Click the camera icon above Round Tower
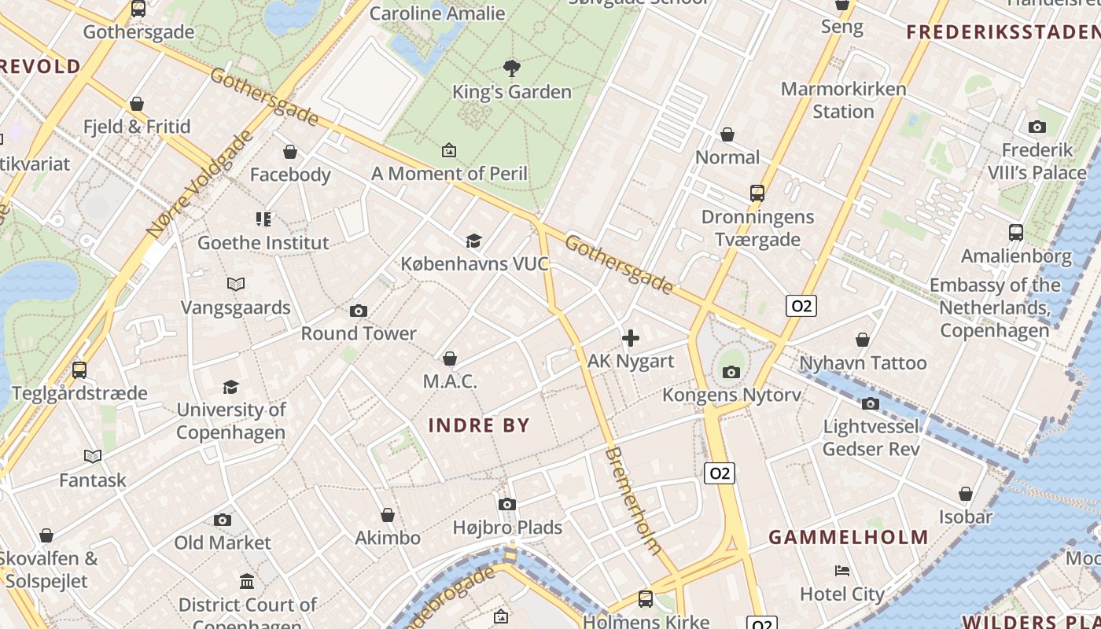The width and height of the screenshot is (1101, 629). tap(359, 311)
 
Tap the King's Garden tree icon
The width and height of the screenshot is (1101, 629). tap(512, 68)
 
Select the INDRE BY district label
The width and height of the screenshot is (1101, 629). tap(479, 425)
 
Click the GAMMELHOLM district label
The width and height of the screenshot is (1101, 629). tap(849, 538)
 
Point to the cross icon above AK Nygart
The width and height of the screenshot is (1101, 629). tap(631, 339)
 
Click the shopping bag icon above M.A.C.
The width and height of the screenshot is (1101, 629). tap(450, 359)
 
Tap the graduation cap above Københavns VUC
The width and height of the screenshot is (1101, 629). tap(473, 241)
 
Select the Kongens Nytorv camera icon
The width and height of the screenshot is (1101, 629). tap(731, 372)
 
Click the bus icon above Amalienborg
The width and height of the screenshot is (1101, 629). tap(1016, 233)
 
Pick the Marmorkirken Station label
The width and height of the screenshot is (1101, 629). tap(843, 100)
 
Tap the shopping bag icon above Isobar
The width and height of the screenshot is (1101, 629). tap(966, 495)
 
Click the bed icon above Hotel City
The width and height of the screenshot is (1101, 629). tap(842, 571)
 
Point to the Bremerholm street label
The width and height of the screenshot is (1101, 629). tap(634, 501)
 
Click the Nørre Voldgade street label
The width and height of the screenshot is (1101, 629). tap(200, 183)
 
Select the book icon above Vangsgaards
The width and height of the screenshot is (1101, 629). tap(236, 284)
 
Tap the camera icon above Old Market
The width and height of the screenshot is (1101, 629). tap(223, 520)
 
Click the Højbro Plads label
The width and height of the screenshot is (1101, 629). tap(507, 528)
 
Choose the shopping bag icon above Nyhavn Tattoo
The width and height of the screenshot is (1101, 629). tap(863, 340)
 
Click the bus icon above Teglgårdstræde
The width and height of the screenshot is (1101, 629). tap(79, 370)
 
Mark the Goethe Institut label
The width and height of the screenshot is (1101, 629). tap(263, 242)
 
